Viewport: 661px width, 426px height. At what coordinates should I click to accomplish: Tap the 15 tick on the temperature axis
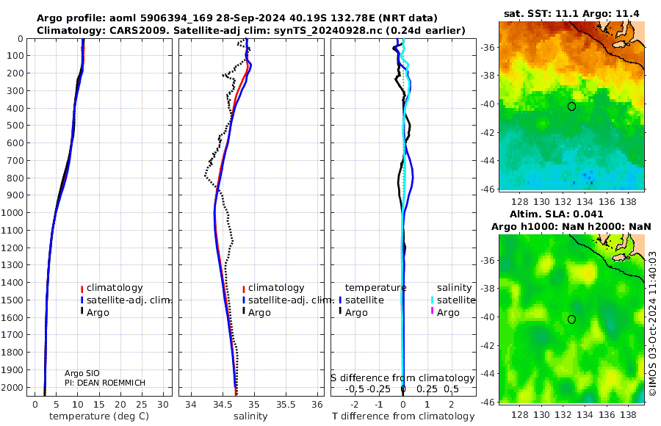(x=98, y=405)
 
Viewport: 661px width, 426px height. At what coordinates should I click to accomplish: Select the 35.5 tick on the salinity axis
(x=286, y=405)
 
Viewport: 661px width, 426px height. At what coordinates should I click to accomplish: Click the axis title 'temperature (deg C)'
(x=99, y=416)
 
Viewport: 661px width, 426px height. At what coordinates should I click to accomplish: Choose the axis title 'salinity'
(x=250, y=416)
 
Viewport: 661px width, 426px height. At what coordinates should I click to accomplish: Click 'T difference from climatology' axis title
(x=403, y=416)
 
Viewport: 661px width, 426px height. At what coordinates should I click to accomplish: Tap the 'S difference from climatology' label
(x=402, y=378)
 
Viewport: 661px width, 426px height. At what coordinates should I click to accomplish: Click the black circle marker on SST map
(x=571, y=106)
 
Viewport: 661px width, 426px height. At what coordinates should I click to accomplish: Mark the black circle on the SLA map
(x=571, y=319)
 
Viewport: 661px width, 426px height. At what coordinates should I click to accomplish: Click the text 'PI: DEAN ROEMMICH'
(x=105, y=383)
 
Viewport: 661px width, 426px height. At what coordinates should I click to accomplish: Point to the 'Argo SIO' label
(x=82, y=373)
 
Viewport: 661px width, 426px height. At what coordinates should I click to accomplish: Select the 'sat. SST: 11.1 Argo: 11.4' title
(x=571, y=14)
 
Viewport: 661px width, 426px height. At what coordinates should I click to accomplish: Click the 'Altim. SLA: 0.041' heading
(x=557, y=214)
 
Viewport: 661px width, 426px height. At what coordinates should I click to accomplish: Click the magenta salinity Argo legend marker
(x=432, y=311)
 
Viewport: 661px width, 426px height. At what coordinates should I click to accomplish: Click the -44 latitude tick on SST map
(x=488, y=161)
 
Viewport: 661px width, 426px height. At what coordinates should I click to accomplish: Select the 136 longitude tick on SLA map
(x=607, y=414)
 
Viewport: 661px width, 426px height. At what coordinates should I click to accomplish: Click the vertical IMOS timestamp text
(x=653, y=324)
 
